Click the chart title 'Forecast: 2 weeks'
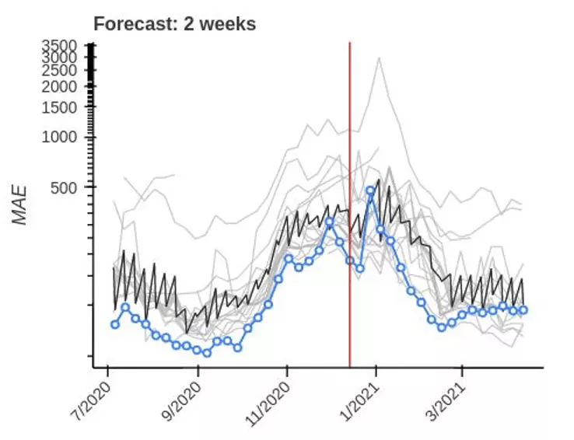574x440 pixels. coord(174,24)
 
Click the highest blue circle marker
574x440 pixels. coord(371,190)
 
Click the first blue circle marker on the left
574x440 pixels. coord(115,324)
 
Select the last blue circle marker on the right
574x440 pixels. coord(523,310)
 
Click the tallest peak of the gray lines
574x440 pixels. coord(379,58)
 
